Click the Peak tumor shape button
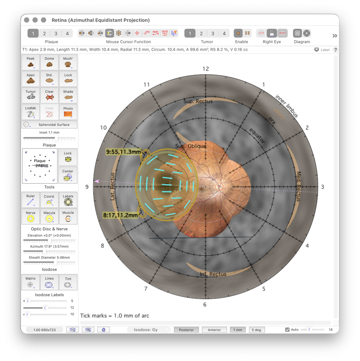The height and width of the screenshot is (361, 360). [31, 62]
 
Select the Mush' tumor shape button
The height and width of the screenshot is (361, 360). [68, 62]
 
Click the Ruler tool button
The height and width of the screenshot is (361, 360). [31, 199]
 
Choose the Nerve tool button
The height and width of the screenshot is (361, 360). [31, 216]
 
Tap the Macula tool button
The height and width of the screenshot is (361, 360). [49, 216]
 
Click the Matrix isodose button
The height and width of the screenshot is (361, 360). [31, 282]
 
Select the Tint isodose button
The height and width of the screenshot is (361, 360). [68, 282]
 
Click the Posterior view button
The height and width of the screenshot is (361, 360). [186, 330]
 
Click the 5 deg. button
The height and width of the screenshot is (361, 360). [257, 330]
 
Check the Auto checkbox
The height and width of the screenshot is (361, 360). [287, 330]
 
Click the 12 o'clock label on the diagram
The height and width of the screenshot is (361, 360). [206, 68]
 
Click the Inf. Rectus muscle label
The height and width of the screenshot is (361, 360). [213, 274]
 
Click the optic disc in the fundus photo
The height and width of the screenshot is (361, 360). [219, 187]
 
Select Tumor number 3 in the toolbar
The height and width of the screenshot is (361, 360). [213, 33]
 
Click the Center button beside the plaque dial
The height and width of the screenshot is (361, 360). [68, 175]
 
